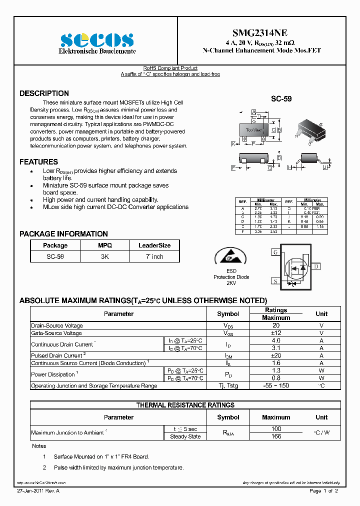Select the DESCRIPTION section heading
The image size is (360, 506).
coord(44,93)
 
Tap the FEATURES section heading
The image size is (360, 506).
coord(38,162)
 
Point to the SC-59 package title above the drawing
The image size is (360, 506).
coord(281,99)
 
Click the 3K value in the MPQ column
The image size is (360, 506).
coord(104,256)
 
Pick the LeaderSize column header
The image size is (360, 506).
coord(154,245)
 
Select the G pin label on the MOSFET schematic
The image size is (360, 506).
coord(275,252)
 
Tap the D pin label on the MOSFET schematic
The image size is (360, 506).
coord(316,266)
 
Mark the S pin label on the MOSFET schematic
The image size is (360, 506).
coord(275,281)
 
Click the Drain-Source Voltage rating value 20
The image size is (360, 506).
coord(276,325)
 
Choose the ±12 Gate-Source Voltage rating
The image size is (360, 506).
coord(276,333)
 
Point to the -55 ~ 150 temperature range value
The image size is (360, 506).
coord(276,385)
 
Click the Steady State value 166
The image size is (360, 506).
coord(276,436)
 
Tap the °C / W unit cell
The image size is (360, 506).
coord(321,432)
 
